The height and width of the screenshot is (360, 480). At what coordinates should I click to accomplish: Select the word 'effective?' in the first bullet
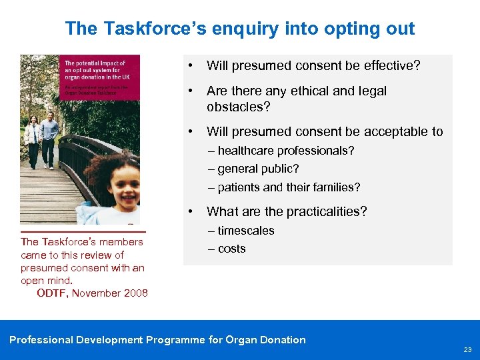[393, 65]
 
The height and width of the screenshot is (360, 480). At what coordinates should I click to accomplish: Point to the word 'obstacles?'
[239, 107]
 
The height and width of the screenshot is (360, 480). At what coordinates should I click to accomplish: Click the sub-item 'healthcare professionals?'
[285, 151]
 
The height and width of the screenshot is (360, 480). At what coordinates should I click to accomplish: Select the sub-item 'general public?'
[257, 169]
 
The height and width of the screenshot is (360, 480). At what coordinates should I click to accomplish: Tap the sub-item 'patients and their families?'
[288, 187]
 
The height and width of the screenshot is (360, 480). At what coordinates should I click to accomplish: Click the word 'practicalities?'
[326, 211]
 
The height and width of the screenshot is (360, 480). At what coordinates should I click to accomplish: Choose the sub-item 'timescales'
[245, 231]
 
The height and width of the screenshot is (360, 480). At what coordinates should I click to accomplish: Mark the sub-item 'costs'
[231, 249]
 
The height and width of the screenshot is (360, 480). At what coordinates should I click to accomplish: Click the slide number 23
[467, 349]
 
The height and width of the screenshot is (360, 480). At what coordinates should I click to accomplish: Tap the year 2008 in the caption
[135, 293]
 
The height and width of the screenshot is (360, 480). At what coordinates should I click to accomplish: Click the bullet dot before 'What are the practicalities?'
[191, 211]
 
